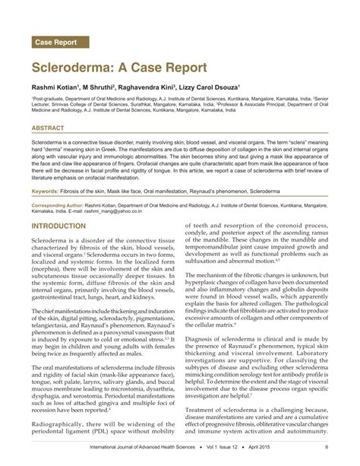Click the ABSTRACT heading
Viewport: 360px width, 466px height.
(x=48, y=128)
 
